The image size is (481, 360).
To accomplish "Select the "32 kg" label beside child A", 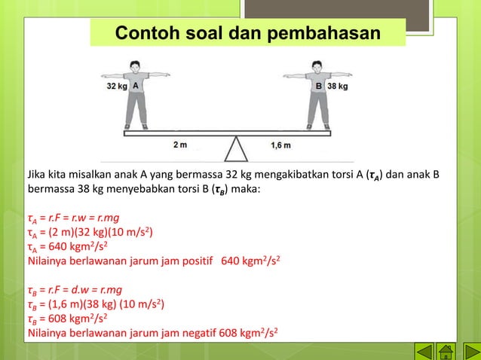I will coord(116,87).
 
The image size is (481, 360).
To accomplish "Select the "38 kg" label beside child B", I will coord(337,87).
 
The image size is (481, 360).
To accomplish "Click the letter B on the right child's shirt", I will coord(319,87).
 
